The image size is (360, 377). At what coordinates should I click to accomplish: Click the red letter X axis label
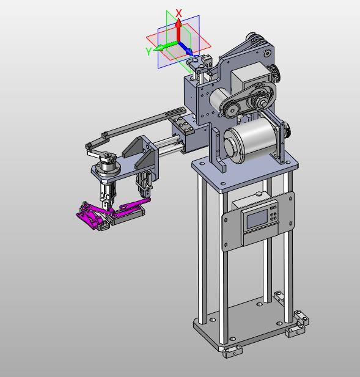tap(178, 13)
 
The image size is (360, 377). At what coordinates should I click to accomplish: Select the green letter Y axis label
tap(149, 51)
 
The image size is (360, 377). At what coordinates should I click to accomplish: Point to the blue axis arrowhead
tap(189, 51)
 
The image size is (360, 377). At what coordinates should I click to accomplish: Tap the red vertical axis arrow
tap(178, 30)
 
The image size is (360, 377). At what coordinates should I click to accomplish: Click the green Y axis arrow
tap(166, 46)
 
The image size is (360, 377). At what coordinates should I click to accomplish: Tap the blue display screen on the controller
tap(257, 219)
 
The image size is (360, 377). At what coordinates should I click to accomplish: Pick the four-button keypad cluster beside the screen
tap(273, 216)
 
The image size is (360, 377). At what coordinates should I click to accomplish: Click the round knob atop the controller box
tap(259, 193)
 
